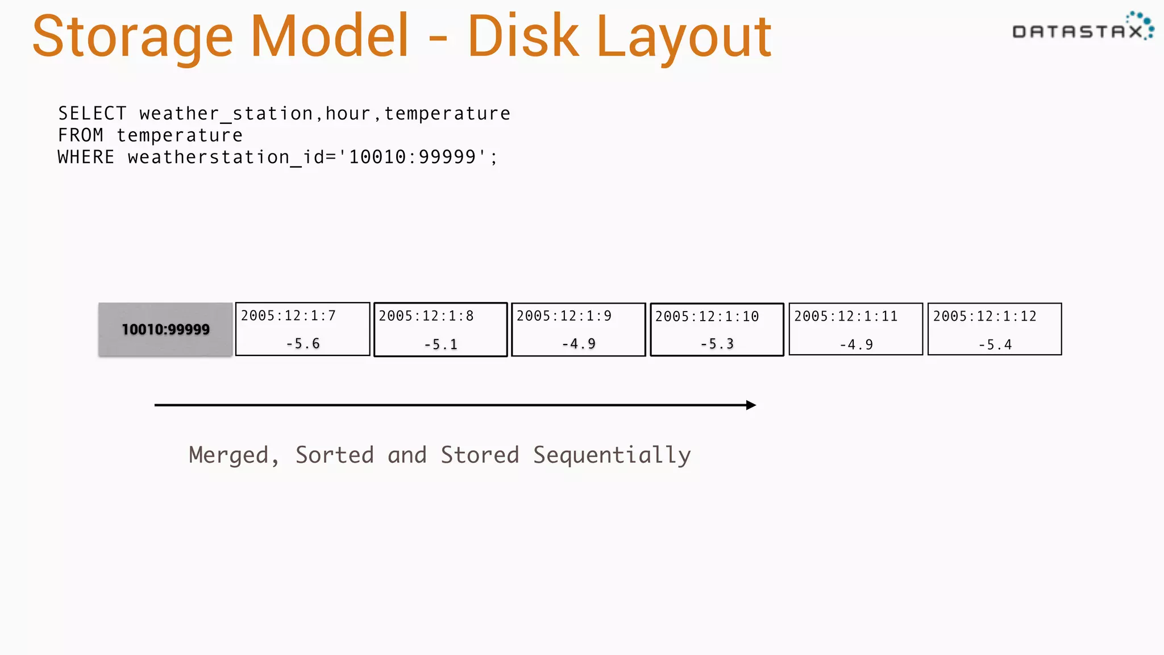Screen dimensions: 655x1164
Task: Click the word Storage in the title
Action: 132,38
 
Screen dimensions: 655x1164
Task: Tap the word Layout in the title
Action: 684,38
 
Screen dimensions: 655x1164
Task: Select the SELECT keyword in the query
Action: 92,113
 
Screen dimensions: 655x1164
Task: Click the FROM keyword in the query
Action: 81,135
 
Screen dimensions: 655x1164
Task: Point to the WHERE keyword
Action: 86,157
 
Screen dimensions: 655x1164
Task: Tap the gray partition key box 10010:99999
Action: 165,329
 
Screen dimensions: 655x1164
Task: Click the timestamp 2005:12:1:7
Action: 288,316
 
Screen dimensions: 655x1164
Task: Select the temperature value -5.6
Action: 302,343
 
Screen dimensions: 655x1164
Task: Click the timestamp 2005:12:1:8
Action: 426,316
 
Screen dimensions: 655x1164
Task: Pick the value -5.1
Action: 440,344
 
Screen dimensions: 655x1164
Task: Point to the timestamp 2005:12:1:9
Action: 564,316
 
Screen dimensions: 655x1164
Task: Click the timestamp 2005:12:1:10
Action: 706,317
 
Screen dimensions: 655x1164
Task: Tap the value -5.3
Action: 717,344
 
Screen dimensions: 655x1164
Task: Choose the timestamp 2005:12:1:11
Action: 846,316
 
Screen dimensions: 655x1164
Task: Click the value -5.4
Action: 995,345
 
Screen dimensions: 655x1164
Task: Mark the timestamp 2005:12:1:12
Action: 984,316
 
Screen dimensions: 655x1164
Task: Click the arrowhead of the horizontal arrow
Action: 751,405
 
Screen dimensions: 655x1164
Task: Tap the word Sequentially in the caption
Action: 612,455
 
